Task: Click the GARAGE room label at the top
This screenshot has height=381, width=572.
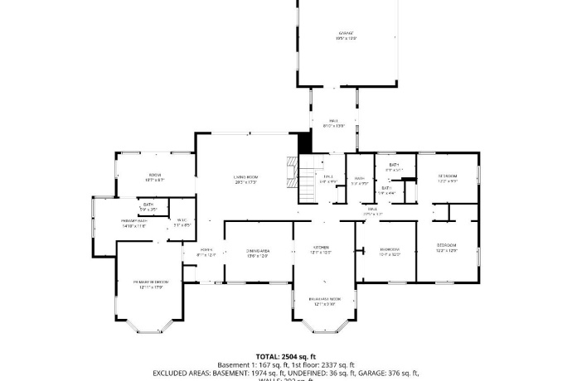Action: click(x=322, y=32)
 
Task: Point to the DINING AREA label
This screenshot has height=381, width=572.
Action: click(x=258, y=250)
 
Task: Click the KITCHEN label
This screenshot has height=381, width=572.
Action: click(x=322, y=248)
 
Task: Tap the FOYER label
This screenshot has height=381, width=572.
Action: click(x=206, y=250)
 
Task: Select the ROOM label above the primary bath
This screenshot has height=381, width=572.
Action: click(x=155, y=175)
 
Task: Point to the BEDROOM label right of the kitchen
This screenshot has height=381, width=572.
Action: click(x=390, y=249)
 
